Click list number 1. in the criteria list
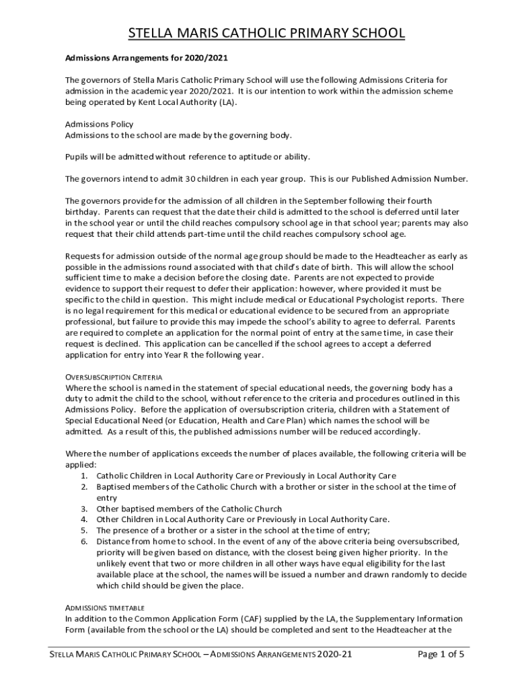[x=85, y=476]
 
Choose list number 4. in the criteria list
[x=85, y=519]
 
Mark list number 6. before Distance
[x=85, y=541]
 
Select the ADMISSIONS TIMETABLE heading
[x=104, y=607]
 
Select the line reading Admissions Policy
[x=99, y=124]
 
